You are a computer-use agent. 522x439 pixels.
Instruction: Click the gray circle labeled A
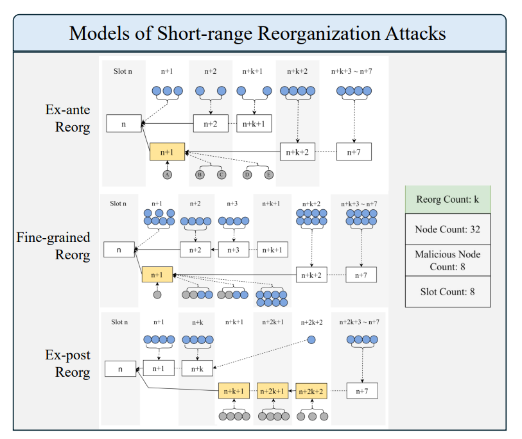coord(168,175)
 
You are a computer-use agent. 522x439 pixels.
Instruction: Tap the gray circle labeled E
coord(269,175)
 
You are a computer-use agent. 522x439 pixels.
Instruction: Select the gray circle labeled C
coord(222,175)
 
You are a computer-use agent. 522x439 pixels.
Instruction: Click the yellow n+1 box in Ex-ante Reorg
coord(167,152)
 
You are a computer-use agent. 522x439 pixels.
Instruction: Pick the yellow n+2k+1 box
coord(273,391)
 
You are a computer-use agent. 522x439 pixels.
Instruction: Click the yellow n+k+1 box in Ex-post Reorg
coord(234,391)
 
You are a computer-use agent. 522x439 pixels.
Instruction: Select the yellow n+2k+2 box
coord(311,391)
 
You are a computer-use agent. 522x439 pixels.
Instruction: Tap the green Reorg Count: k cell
coord(448,200)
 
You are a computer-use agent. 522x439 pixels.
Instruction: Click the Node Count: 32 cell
coord(448,229)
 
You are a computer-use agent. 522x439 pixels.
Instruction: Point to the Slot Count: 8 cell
coord(448,292)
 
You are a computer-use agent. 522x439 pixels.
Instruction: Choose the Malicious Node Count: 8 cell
coord(448,261)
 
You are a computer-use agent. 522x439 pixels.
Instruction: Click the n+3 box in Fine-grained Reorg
coord(234,250)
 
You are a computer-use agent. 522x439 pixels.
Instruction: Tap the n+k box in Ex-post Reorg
coord(197,368)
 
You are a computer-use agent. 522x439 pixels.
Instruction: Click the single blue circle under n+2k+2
coord(311,340)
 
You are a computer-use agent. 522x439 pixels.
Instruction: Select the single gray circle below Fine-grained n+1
coord(157,295)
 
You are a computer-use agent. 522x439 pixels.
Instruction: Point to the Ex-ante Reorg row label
coord(67,118)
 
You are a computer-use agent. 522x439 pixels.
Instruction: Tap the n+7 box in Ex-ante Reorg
coord(354,152)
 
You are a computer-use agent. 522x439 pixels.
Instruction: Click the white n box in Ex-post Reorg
coord(121,369)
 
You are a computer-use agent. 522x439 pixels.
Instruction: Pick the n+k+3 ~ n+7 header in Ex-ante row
coord(352,71)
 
